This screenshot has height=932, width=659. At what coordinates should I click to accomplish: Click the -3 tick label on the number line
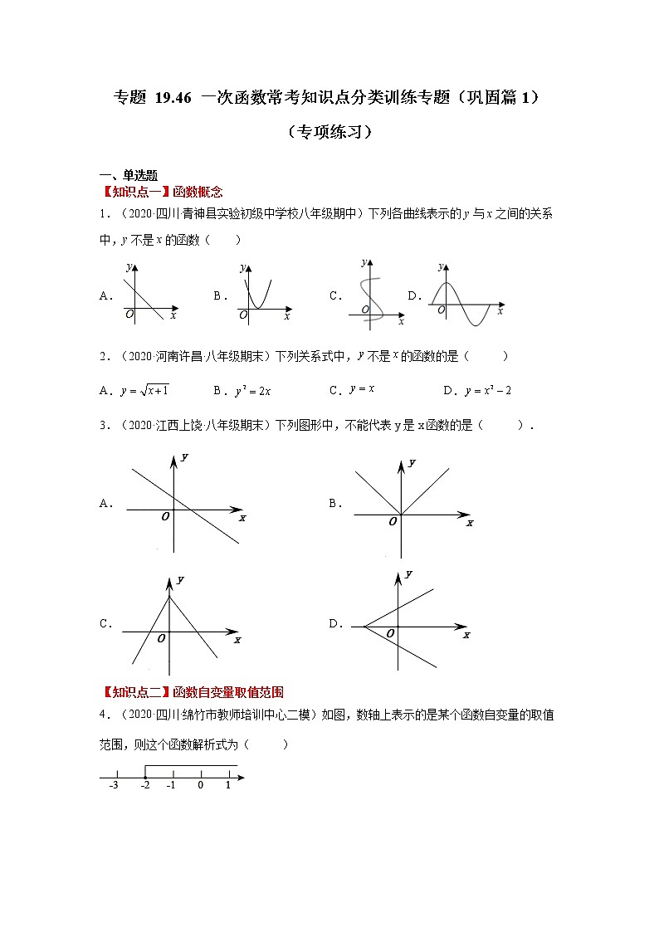click(x=114, y=785)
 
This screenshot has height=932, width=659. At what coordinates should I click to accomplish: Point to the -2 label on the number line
click(x=144, y=785)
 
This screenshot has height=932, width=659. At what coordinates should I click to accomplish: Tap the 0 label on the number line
click(x=200, y=785)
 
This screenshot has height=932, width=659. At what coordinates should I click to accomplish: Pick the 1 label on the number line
click(x=227, y=785)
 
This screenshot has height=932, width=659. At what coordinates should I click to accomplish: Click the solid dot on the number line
click(x=145, y=778)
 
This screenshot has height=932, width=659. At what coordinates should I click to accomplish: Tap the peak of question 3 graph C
click(x=170, y=596)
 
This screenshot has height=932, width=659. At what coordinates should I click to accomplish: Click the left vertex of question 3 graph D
click(x=364, y=626)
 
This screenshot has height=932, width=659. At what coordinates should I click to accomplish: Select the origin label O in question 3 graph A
click(x=166, y=516)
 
